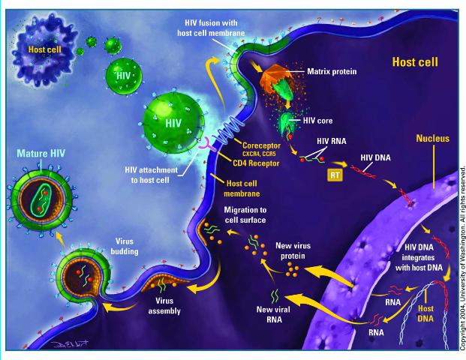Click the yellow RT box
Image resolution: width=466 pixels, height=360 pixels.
[x=335, y=175]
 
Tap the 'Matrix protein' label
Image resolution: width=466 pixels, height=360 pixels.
[x=332, y=71]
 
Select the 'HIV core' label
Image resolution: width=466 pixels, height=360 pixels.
[x=317, y=121]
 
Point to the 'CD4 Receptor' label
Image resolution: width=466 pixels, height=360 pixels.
[x=256, y=163]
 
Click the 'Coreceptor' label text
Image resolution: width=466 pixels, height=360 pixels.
[x=262, y=145]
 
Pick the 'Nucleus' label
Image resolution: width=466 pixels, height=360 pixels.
[x=433, y=138]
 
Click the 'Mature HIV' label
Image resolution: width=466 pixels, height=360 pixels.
[x=41, y=153]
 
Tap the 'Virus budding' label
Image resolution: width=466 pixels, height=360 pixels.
[x=125, y=246]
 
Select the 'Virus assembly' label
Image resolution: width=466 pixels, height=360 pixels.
[x=164, y=306]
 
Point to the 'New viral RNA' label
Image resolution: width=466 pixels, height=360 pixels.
[x=274, y=314]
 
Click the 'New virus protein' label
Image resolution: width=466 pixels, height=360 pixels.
[x=293, y=250]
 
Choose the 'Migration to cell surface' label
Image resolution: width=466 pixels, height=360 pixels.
[x=245, y=214]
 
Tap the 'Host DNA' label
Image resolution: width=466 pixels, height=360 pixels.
[x=425, y=313]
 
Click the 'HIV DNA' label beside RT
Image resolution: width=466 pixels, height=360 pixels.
[x=376, y=157]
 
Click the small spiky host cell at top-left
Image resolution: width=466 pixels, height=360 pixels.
[x=44, y=50]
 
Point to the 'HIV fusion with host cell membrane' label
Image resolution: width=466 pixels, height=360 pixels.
[x=211, y=28]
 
